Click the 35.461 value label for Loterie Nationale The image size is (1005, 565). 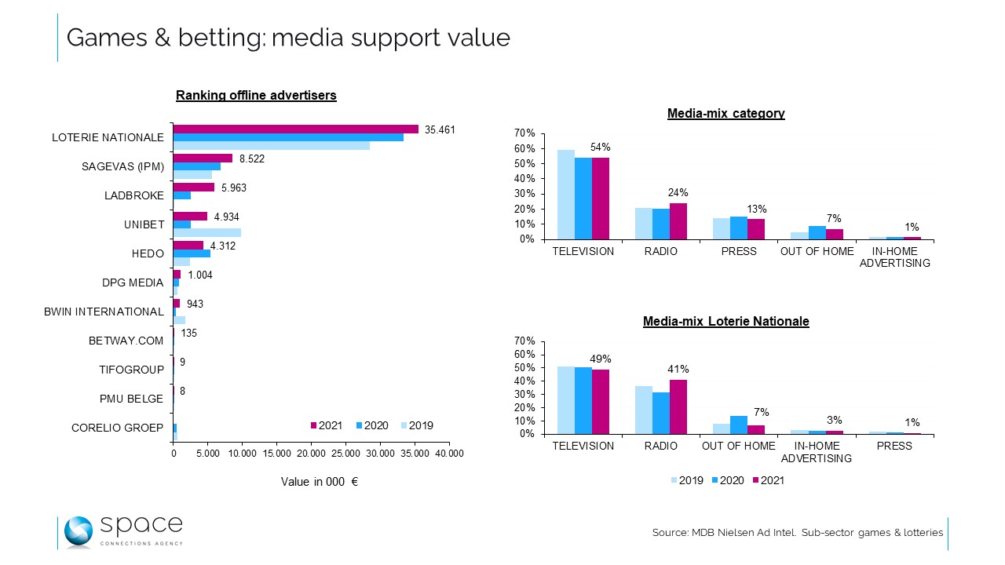[x=440, y=129]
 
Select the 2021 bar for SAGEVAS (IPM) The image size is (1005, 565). [x=203, y=158]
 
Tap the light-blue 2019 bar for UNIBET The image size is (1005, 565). [x=207, y=232]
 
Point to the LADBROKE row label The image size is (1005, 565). [x=134, y=195]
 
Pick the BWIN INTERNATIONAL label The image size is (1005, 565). [x=104, y=312]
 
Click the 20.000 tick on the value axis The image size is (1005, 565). [x=311, y=454]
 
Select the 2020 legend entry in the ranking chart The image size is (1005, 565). [x=372, y=425]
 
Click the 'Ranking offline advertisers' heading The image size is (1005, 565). [x=256, y=96]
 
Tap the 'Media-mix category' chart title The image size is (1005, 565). [x=725, y=113]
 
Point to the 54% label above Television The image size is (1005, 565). [x=601, y=147]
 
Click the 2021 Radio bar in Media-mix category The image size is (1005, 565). [x=678, y=221]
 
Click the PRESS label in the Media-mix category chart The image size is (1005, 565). [x=739, y=251]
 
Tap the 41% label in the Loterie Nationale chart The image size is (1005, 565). [x=678, y=369]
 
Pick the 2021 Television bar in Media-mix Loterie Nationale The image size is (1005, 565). [x=601, y=401]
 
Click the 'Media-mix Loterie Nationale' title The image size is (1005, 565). [x=725, y=321]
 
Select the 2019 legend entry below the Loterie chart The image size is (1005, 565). [x=687, y=480]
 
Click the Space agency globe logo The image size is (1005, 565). [x=79, y=531]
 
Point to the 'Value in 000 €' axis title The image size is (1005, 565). [x=320, y=482]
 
